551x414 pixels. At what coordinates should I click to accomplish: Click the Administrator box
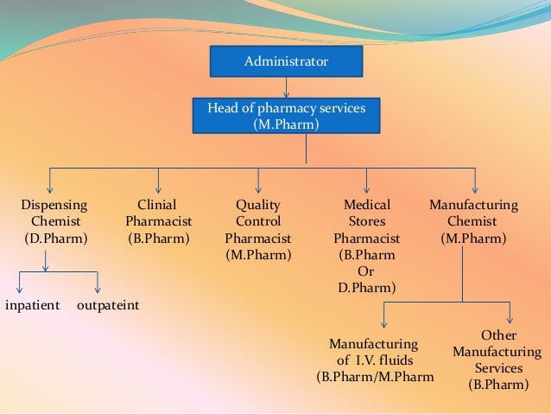pyautogui.click(x=286, y=61)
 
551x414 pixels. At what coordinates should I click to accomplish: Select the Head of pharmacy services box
pyautogui.click(x=286, y=116)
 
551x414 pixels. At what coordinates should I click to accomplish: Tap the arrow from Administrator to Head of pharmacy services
pyautogui.click(x=286, y=87)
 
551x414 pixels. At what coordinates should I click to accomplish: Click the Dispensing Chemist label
pyautogui.click(x=54, y=220)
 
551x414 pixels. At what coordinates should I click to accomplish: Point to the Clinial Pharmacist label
pyautogui.click(x=158, y=220)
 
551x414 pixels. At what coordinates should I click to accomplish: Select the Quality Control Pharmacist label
pyautogui.click(x=258, y=229)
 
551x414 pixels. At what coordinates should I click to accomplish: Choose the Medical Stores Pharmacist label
pyautogui.click(x=367, y=245)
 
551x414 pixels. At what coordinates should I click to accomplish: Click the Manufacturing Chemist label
pyautogui.click(x=473, y=220)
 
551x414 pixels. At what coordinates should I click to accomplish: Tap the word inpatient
pyautogui.click(x=32, y=306)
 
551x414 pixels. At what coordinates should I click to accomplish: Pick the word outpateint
pyautogui.click(x=108, y=306)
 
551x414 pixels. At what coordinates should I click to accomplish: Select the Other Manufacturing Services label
pyautogui.click(x=497, y=360)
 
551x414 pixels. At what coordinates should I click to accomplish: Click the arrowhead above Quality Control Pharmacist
pyautogui.click(x=257, y=188)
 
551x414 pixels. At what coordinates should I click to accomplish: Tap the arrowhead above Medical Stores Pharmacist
pyautogui.click(x=367, y=188)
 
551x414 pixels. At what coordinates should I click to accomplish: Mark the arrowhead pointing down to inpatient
pyautogui.click(x=19, y=289)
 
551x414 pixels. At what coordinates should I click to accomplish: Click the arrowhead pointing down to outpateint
pyautogui.click(x=98, y=289)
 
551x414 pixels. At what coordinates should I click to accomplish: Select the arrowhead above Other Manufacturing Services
pyautogui.click(x=510, y=319)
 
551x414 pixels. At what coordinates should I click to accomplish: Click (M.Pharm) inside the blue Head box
pyautogui.click(x=286, y=124)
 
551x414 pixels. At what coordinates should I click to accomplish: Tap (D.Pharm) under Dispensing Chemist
pyautogui.click(x=54, y=237)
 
